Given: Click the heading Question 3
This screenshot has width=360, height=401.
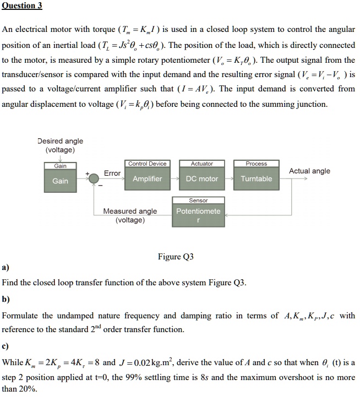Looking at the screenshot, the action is click(22, 6).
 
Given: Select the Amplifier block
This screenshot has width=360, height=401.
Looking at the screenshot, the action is click(147, 178).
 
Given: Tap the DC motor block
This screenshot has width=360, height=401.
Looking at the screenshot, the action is click(201, 178).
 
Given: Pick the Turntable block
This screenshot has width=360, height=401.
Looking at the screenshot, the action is click(256, 178).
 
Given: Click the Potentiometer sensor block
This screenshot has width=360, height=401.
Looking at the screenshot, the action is click(198, 215).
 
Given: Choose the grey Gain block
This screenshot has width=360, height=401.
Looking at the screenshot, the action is click(60, 181).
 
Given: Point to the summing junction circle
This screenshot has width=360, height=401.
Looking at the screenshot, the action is click(94, 176).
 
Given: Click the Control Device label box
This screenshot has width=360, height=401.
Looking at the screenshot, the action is click(147, 164).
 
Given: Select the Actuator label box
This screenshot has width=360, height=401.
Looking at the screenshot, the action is click(201, 164).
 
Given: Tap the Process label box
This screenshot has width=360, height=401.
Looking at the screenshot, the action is click(256, 164).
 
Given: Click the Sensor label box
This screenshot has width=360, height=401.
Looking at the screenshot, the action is click(198, 201).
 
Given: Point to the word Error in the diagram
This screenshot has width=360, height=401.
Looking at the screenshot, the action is click(112, 173).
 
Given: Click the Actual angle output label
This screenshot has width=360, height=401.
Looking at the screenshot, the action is click(309, 171).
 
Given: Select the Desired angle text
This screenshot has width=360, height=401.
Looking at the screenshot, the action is click(60, 142).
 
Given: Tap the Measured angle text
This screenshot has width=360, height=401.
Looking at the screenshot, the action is click(130, 211).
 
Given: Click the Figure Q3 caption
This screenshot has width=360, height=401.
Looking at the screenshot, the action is click(176, 257).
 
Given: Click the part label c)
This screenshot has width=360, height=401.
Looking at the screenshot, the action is click(6, 347).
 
